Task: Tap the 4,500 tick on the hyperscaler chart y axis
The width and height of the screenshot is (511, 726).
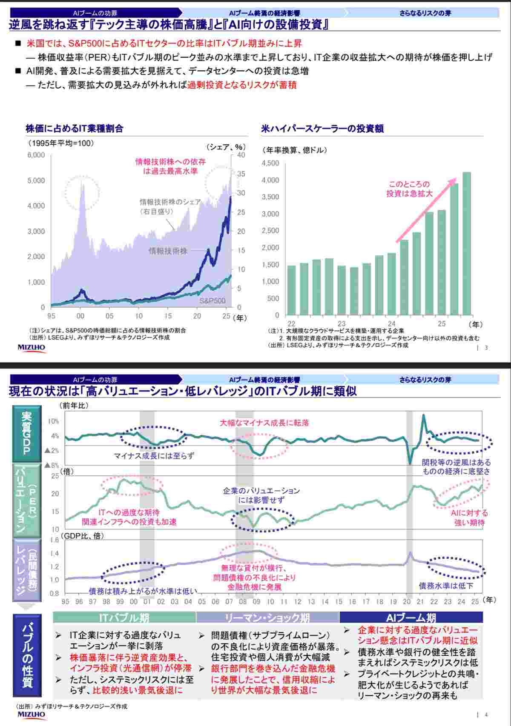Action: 270,163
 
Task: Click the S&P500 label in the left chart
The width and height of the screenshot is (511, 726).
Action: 212,301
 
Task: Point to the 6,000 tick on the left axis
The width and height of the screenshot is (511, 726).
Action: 36,155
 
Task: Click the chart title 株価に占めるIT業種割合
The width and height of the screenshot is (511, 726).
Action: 75,128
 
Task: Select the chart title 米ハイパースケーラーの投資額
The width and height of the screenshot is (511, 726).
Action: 322,128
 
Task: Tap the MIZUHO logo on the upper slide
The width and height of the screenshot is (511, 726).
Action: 31,347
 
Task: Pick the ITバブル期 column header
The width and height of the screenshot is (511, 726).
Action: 124,617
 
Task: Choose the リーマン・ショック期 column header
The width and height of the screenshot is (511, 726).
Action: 267,617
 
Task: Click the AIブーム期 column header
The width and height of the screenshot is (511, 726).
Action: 411,617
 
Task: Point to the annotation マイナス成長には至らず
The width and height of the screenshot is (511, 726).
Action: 154,456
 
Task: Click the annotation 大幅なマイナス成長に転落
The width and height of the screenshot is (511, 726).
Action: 264,423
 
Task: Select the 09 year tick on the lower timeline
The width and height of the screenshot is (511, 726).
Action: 256,601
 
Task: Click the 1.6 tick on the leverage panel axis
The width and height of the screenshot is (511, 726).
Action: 54,540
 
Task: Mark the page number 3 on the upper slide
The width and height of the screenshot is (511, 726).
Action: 486,348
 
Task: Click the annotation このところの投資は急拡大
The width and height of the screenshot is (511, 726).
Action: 409,189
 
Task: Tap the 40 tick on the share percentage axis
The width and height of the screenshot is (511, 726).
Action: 241,155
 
